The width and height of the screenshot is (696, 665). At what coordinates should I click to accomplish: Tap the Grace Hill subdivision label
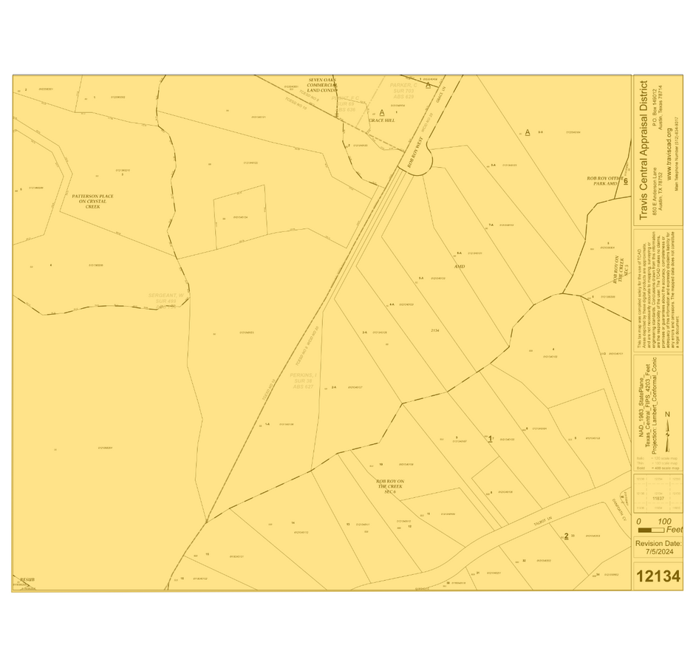coord(382,120)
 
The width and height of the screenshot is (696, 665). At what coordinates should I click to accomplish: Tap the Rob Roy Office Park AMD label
coord(605,181)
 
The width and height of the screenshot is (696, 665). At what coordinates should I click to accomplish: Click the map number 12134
coord(658,576)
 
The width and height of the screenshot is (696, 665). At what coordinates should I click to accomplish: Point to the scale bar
coord(650,530)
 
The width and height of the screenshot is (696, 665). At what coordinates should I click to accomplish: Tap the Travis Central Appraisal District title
coord(644,150)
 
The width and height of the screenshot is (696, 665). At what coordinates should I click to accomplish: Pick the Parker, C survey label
coord(404,90)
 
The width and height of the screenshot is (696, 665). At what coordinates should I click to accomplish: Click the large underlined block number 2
coord(566,536)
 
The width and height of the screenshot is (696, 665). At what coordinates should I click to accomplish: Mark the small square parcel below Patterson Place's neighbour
coord(240,216)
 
